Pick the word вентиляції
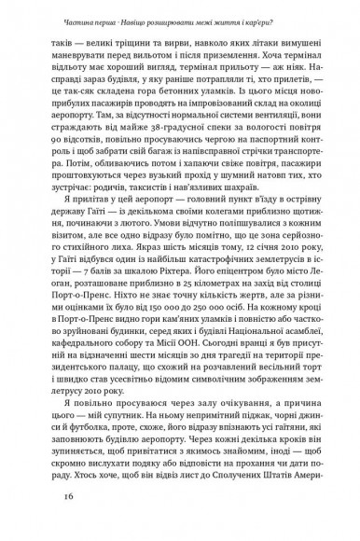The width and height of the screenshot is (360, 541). [246, 121]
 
